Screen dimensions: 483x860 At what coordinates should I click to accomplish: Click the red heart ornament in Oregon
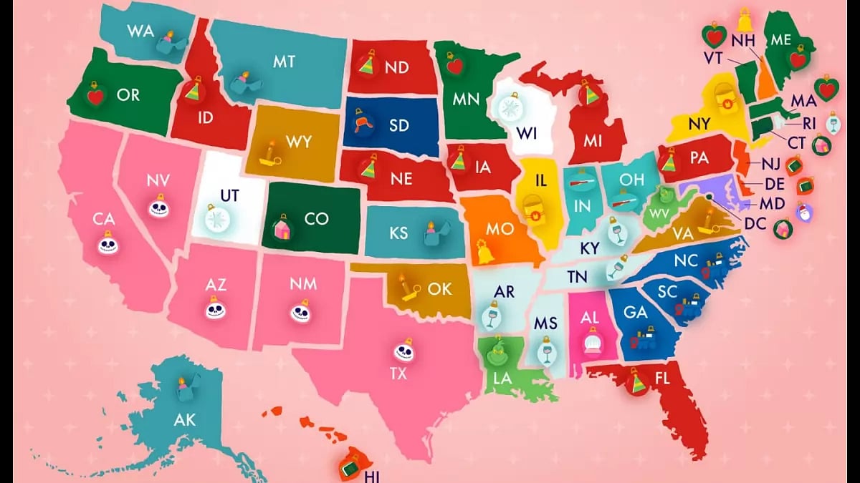coord(95,94)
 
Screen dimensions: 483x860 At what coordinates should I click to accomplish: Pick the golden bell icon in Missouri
coord(481,250)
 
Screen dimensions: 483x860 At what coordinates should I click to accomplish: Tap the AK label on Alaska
coord(184,419)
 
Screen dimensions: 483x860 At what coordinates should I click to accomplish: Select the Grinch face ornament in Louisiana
coord(494,351)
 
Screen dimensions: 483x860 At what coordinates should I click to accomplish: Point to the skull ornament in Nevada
coord(158,207)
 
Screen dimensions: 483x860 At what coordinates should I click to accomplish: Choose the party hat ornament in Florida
coord(636,382)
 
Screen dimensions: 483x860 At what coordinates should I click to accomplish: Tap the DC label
coord(755,224)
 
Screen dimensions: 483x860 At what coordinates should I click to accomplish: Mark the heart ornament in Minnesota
coord(454,65)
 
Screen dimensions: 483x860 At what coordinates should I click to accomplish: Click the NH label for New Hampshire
coord(743,40)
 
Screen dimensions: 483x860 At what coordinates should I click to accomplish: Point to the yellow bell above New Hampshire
coord(746,17)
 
